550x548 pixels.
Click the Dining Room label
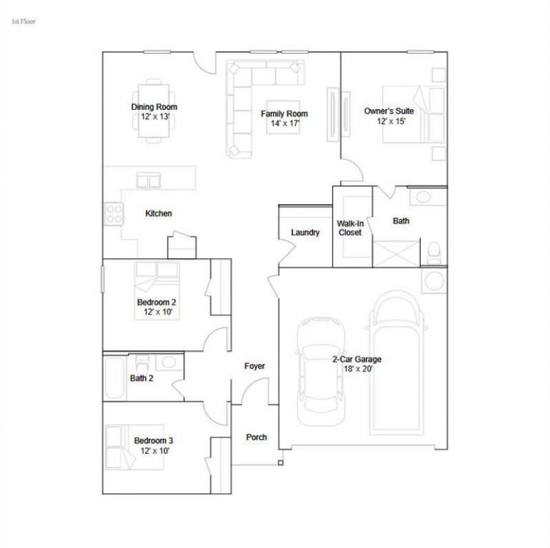(x=154, y=107)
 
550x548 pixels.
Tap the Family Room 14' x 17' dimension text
(x=285, y=124)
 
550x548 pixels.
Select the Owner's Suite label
(x=389, y=111)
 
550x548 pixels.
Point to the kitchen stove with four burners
(x=114, y=214)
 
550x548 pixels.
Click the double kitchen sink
(x=148, y=181)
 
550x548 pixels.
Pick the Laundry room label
(x=305, y=232)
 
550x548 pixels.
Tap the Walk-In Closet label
(x=350, y=228)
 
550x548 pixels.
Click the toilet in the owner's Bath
(x=434, y=253)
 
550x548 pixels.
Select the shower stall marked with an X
(x=396, y=253)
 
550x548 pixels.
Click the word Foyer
(x=254, y=366)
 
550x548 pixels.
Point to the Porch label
(x=256, y=437)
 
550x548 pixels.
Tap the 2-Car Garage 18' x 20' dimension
(x=358, y=369)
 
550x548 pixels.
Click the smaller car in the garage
(x=321, y=372)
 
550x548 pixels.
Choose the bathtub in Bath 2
(x=115, y=378)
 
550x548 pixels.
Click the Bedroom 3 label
(x=153, y=441)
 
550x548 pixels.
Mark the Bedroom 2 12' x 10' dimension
(x=158, y=312)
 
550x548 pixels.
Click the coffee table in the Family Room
(x=283, y=117)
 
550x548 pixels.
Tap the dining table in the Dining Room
(x=153, y=111)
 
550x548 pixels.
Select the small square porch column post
(x=280, y=463)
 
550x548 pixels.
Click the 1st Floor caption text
(x=23, y=21)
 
